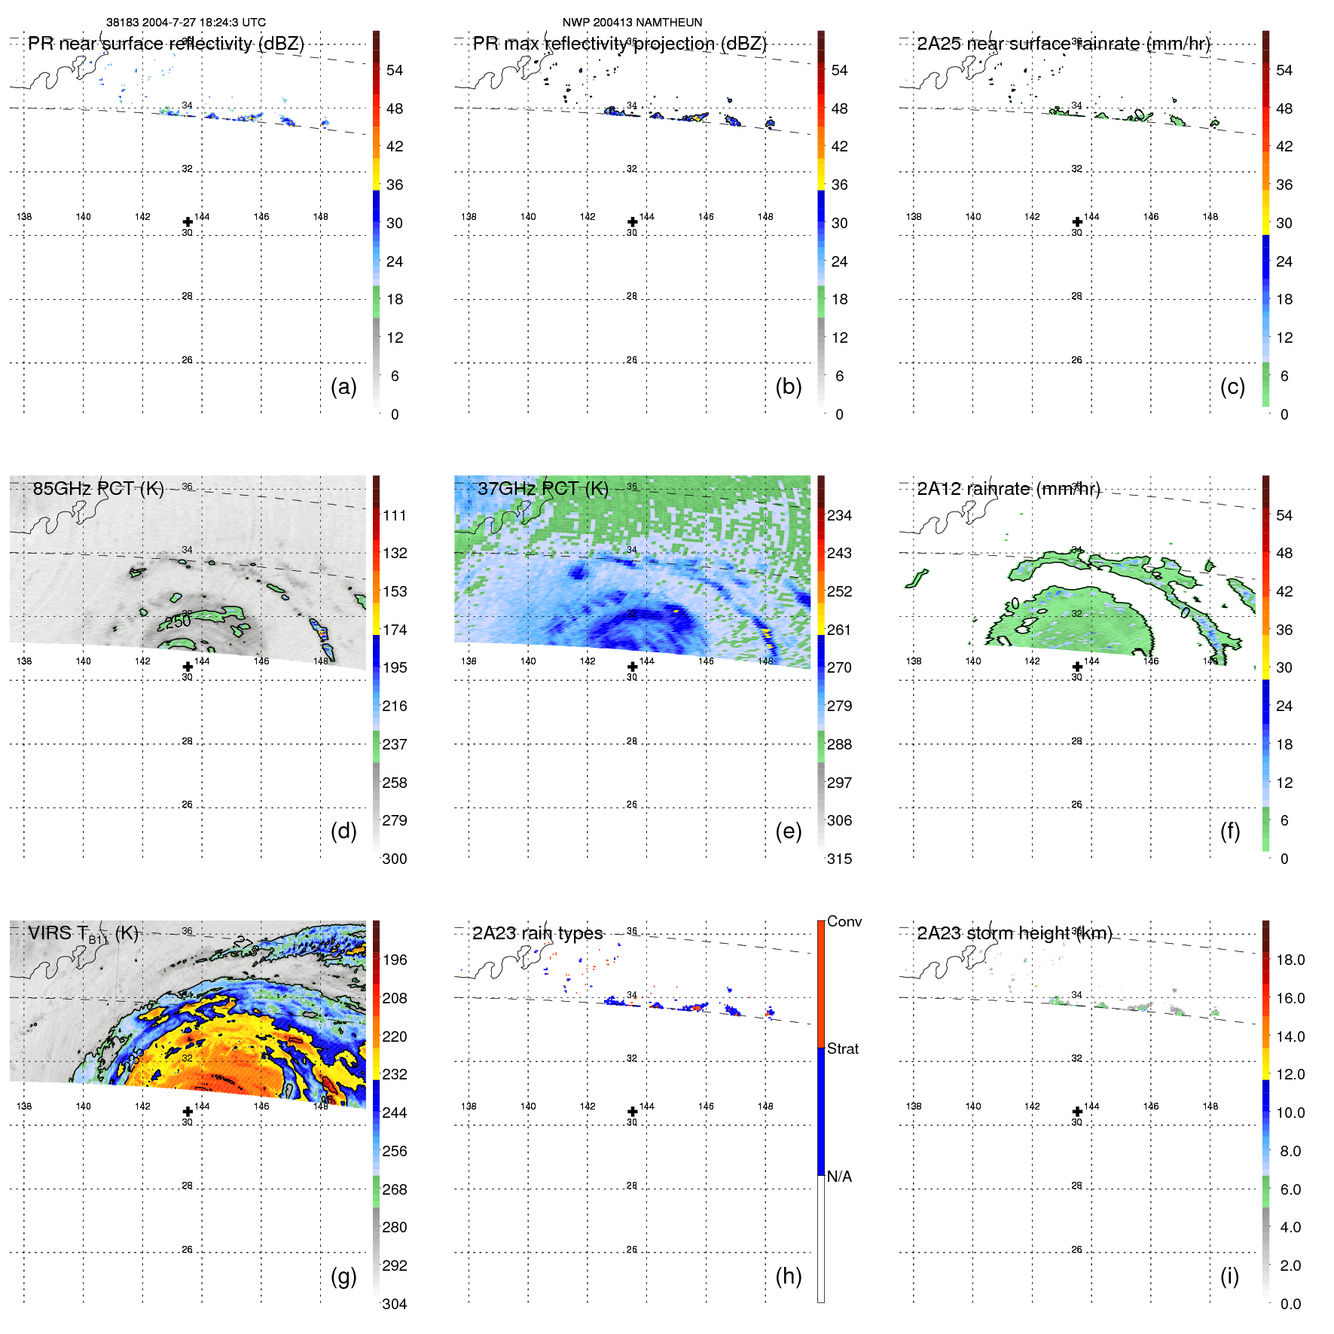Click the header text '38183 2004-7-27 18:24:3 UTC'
pos(185,23)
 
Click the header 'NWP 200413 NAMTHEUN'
pos(632,23)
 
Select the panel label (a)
pos(343,386)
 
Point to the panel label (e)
pos(788,831)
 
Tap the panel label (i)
pos(1229,1276)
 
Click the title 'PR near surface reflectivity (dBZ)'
pos(166,44)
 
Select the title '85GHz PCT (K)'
pos(98,488)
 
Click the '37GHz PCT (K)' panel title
pos(542,488)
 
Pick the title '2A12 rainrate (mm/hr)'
pos(1008,488)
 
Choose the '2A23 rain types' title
pos(537,933)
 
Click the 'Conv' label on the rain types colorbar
pos(844,921)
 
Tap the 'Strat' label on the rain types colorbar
pos(842,1049)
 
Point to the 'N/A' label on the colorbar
pos(839,1177)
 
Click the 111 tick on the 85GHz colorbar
pos(394,515)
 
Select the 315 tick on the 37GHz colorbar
pos(839,859)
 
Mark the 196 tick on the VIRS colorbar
pos(394,960)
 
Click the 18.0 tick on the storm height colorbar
pos(1290,960)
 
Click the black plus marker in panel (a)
pos(188,222)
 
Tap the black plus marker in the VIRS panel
pos(188,1112)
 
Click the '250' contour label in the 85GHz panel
pos(179,621)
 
